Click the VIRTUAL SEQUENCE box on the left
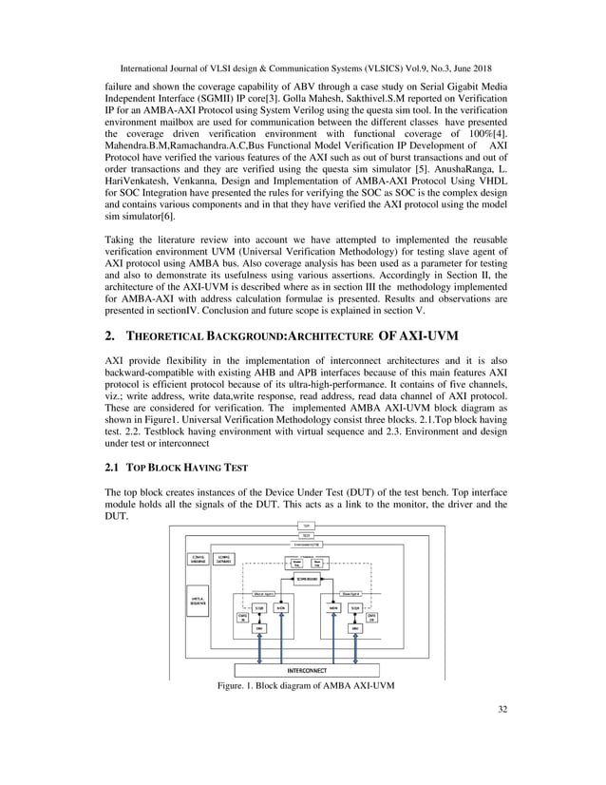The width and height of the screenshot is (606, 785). click(x=199, y=603)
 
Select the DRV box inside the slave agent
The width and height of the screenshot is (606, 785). click(x=354, y=628)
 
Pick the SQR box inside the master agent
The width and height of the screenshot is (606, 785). click(x=246, y=607)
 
